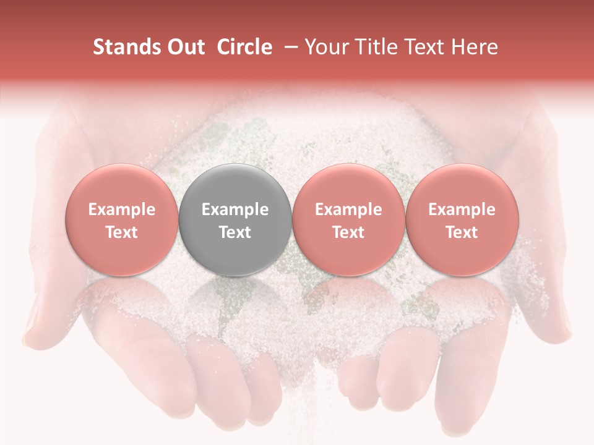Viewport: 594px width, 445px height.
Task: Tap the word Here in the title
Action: pos(475,47)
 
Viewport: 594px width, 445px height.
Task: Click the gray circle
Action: pos(235,185)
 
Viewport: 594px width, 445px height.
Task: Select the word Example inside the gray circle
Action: pos(235,210)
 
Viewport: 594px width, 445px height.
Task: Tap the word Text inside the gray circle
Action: pos(235,232)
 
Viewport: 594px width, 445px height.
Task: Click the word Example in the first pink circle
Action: pos(122,210)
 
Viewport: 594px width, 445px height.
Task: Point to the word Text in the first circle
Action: pos(122,232)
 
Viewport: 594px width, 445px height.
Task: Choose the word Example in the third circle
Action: pos(348,210)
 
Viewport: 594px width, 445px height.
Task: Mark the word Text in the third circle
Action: pos(348,232)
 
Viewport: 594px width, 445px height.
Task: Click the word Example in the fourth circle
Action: pos(462,210)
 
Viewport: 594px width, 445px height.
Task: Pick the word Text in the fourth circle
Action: pos(462,232)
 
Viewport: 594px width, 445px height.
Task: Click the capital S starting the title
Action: pos(98,47)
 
